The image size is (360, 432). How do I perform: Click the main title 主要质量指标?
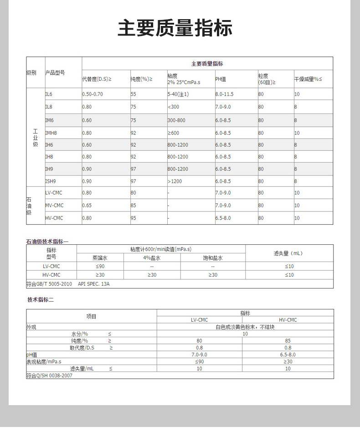point(175,28)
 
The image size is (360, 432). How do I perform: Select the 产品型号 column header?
point(55,73)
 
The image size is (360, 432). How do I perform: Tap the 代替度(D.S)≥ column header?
point(97,79)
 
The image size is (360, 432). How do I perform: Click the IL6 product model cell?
point(49,94)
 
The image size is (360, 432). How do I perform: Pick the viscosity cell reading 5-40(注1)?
point(178,94)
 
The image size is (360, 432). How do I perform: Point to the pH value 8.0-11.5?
point(224,94)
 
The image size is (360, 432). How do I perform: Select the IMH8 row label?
point(51,133)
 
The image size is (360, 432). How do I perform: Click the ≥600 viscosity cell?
point(173,133)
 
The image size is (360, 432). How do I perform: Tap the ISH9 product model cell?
point(50,181)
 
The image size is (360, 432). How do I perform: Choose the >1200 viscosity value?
point(175,181)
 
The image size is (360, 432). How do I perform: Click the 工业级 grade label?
point(36,138)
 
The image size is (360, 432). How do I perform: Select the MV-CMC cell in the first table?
point(54,206)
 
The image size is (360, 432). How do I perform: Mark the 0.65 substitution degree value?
point(87,206)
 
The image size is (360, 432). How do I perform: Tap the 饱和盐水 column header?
point(213,258)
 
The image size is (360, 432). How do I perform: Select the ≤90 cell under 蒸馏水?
point(100,266)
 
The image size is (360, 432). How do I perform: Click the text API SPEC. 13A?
point(94,284)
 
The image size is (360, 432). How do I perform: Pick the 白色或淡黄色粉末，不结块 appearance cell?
point(245,327)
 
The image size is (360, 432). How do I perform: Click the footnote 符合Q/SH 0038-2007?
point(49,375)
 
